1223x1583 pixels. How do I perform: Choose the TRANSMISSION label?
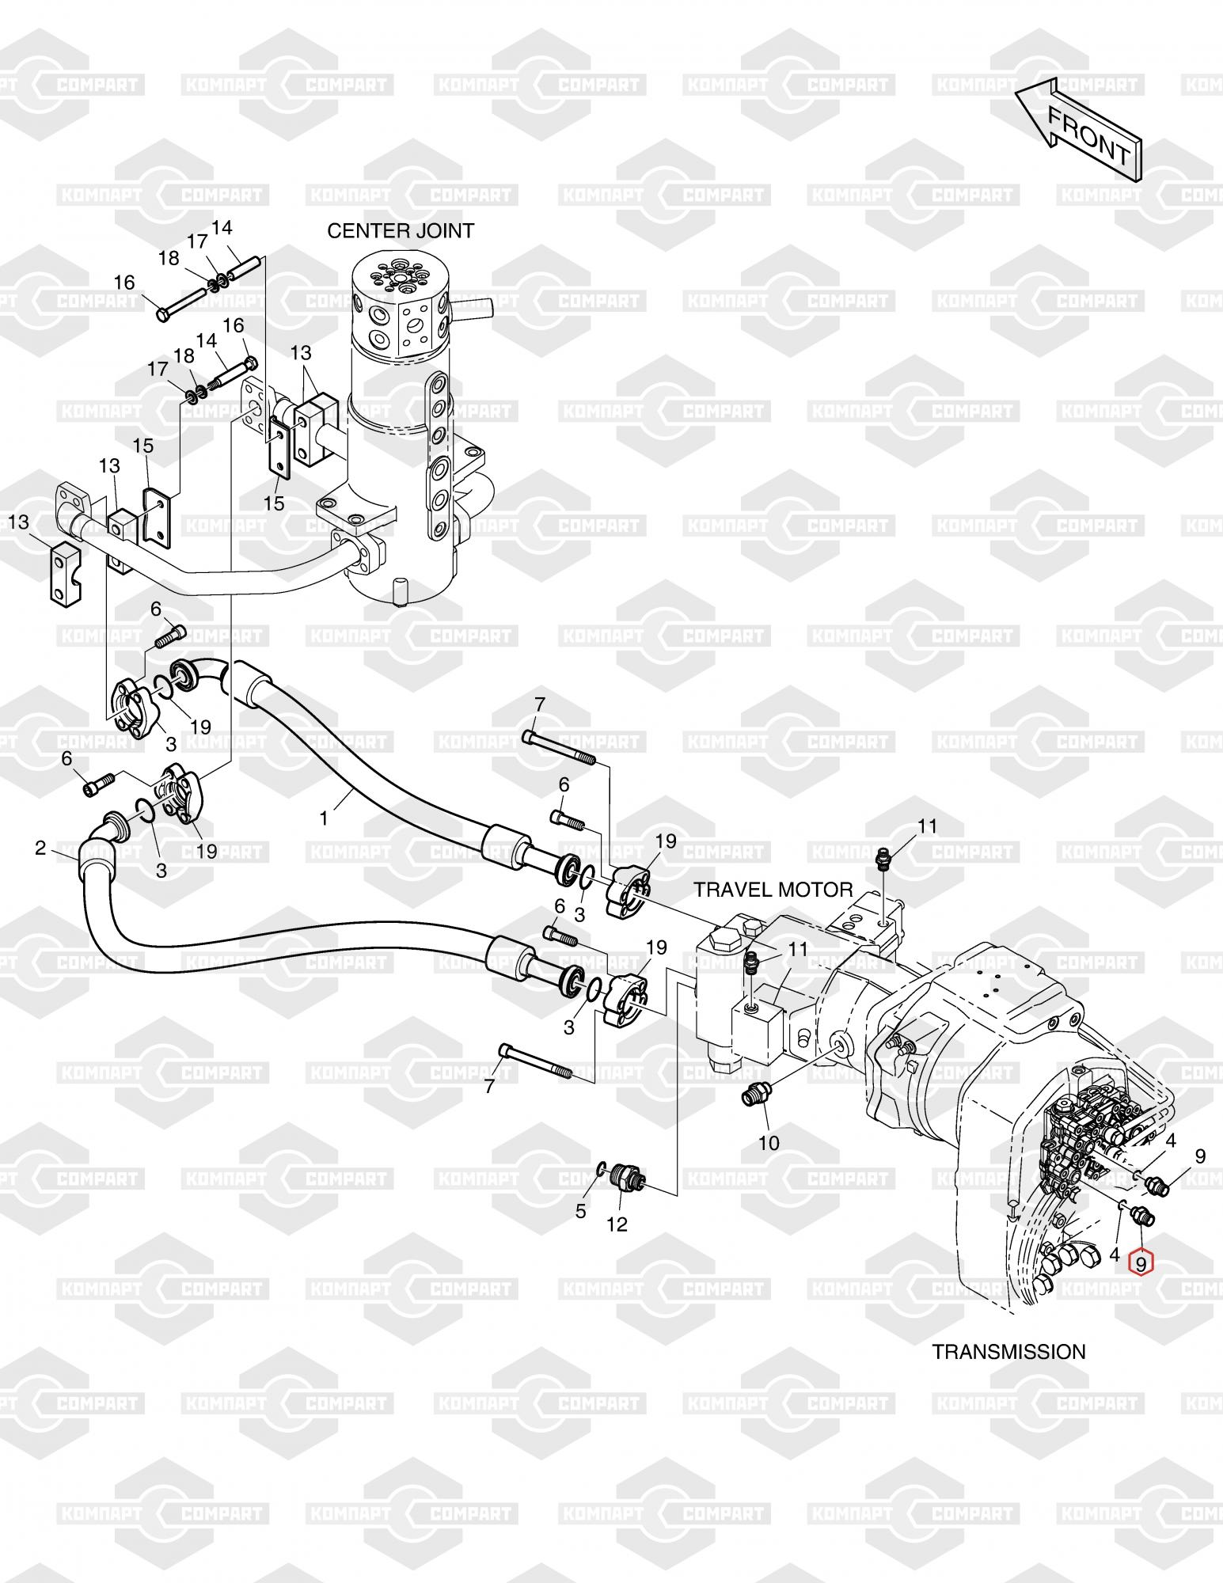pos(1008,1351)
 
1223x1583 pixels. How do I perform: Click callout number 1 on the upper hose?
pos(324,818)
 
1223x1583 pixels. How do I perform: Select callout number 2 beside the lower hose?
pos(40,848)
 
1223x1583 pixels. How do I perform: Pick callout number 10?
pos(769,1143)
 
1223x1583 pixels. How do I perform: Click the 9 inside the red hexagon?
pos(1141,1264)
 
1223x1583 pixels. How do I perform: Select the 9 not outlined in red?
pos(1200,1156)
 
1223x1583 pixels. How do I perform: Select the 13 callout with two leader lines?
pos(301,352)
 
